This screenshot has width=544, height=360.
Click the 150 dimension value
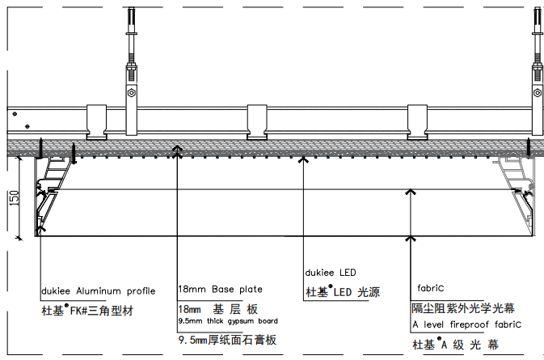(x=14, y=198)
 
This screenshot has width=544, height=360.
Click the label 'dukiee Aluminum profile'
(x=98, y=291)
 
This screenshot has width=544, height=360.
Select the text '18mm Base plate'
(x=221, y=289)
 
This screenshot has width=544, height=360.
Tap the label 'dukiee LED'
(x=331, y=273)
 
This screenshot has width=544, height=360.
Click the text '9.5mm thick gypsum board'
(x=228, y=321)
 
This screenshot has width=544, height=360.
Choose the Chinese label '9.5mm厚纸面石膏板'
(x=227, y=340)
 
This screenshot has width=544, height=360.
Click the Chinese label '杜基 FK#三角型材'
(x=87, y=310)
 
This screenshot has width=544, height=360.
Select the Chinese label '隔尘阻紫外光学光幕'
(x=463, y=308)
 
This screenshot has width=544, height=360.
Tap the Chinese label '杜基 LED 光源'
(x=343, y=291)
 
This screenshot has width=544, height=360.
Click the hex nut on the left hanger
(x=131, y=93)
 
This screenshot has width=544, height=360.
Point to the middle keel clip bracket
(x=257, y=122)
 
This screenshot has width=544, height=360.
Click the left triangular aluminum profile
(x=52, y=194)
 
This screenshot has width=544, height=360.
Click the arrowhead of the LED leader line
(x=304, y=159)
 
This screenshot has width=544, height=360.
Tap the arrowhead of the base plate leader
(x=177, y=149)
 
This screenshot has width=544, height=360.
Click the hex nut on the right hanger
(x=538, y=93)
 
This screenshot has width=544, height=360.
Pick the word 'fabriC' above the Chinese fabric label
(x=431, y=288)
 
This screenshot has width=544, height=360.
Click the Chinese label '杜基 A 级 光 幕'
(x=456, y=345)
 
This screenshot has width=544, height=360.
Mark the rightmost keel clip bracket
(x=417, y=122)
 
